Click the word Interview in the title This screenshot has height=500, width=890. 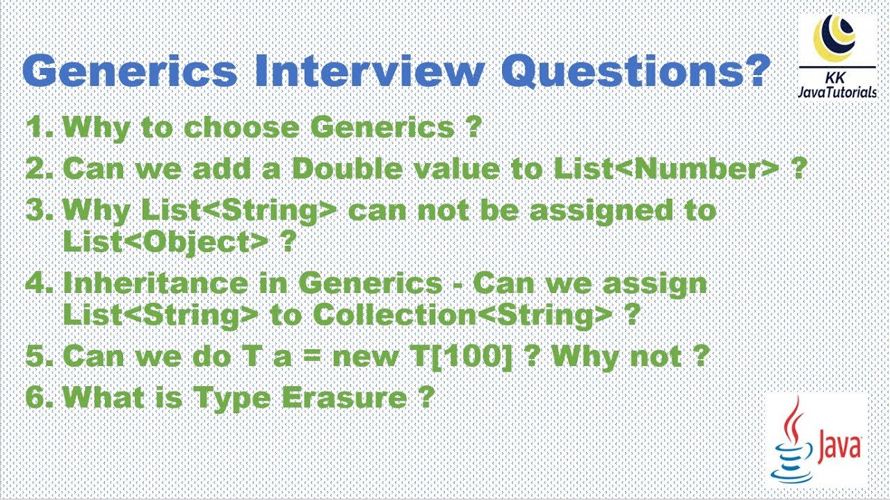[369, 72]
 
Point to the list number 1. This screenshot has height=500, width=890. [39, 127]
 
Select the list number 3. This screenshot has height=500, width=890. [39, 210]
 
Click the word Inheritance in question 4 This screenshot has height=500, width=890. [174, 284]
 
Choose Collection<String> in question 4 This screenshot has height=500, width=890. [462, 315]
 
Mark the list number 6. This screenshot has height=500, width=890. [39, 397]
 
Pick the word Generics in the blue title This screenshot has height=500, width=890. [132, 72]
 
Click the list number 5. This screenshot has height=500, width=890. [39, 356]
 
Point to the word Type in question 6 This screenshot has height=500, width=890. [234, 398]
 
